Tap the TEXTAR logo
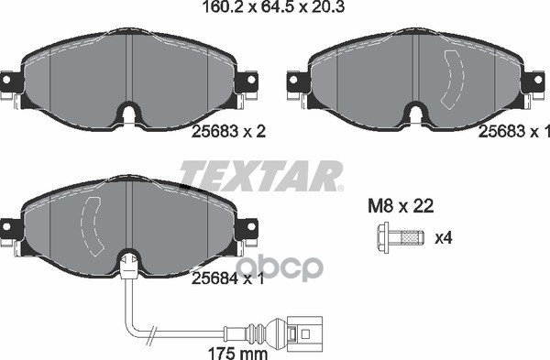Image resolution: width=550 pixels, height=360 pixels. click(260, 175)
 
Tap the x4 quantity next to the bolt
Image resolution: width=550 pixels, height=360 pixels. click(444, 239)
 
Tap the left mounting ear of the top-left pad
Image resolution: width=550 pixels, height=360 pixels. click(10, 84)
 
